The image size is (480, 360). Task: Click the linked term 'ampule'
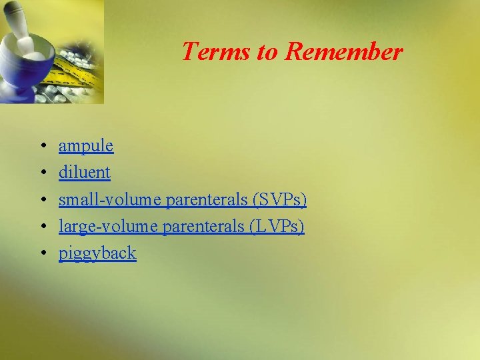[x=86, y=145]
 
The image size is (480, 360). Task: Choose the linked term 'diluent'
[x=84, y=172]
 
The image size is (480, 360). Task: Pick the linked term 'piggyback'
[x=97, y=253]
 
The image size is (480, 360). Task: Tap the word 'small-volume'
[x=110, y=199]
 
